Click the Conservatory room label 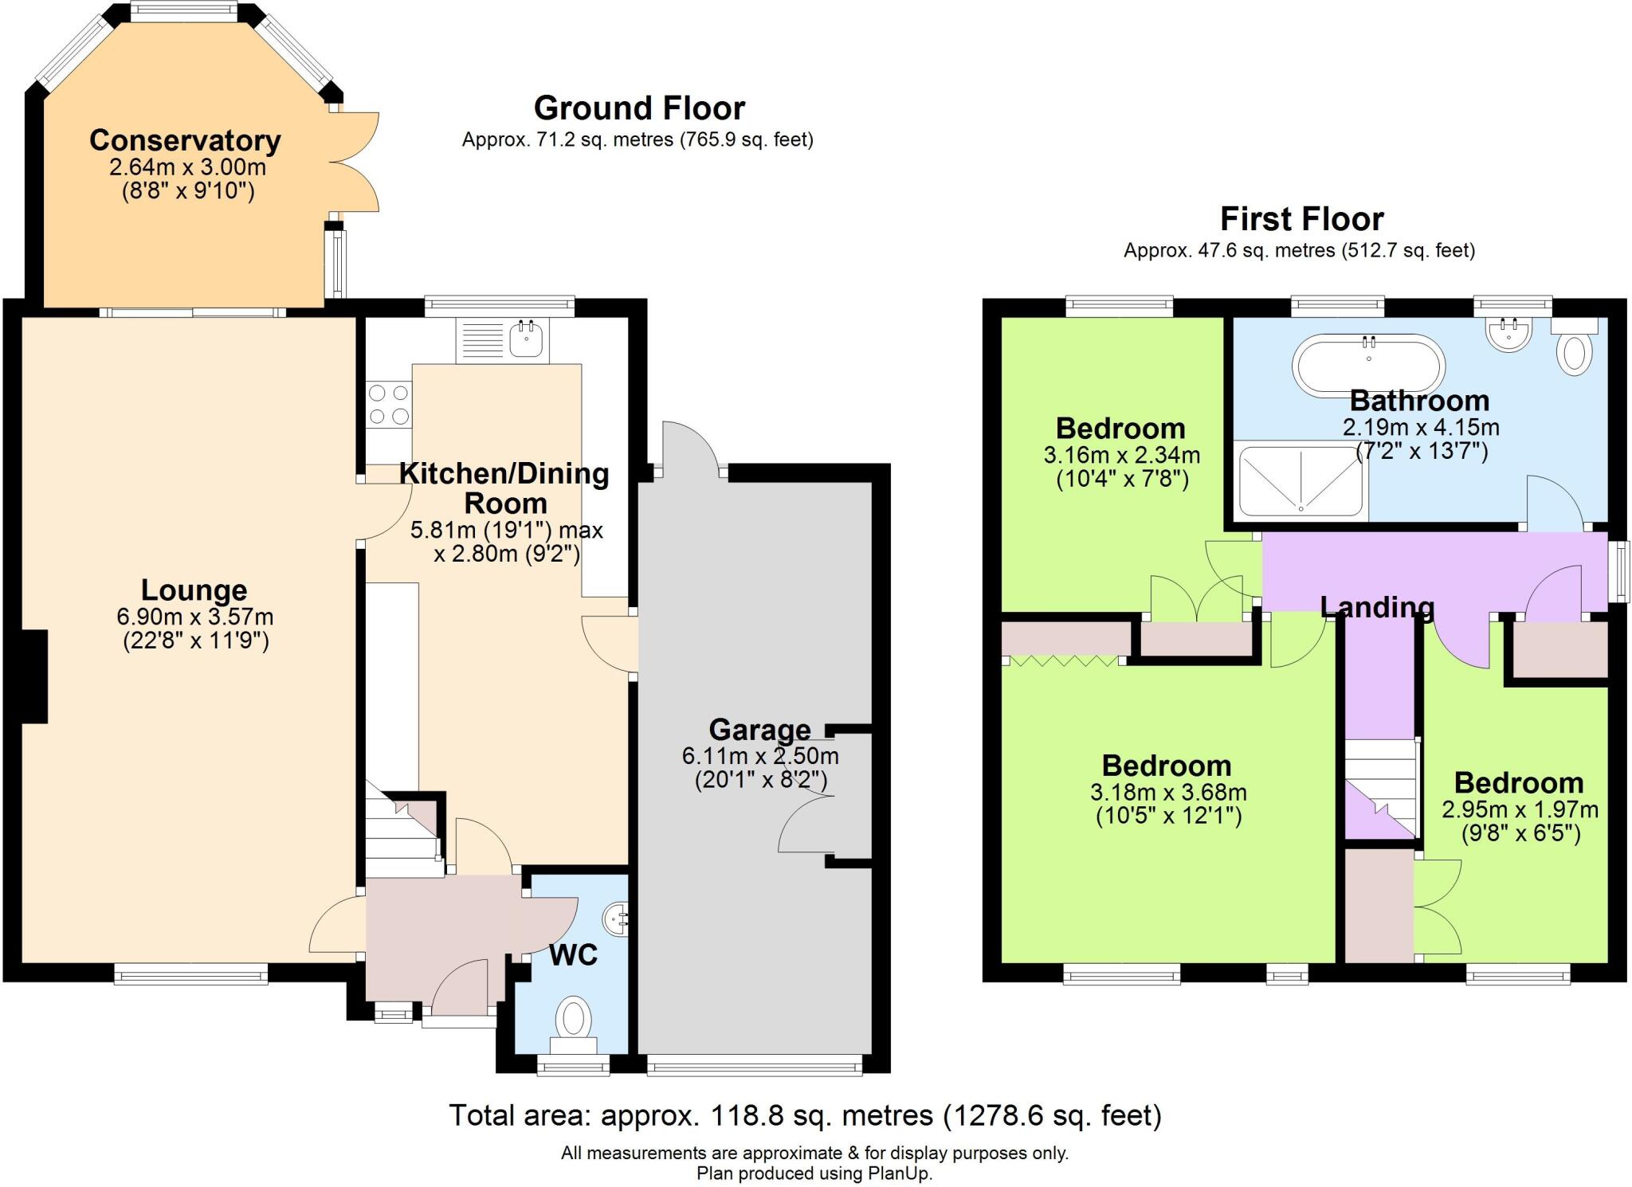185,140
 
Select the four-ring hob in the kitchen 389,405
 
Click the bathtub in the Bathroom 1368,366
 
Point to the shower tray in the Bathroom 1300,482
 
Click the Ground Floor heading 639,108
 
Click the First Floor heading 1302,218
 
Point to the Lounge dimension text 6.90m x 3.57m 195,617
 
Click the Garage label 759,729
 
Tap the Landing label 1377,607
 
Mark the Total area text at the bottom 805,1115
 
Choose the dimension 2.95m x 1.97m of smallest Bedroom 1520,809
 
